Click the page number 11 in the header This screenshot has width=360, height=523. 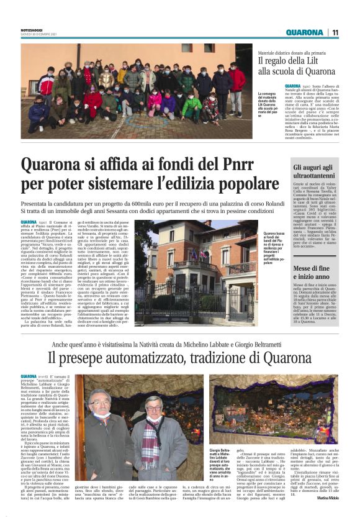click(335, 32)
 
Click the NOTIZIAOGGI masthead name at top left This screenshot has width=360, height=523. click(30, 29)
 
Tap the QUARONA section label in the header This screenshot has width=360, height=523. click(305, 32)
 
